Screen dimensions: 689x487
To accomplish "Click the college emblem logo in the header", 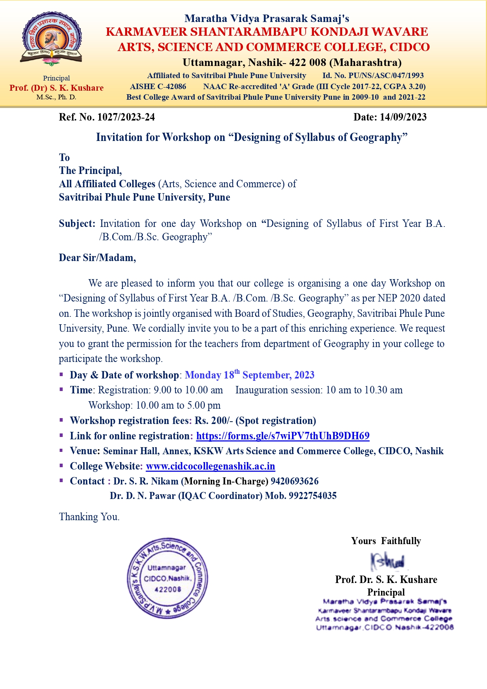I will [x=51, y=38].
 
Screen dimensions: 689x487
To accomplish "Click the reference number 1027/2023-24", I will [x=126, y=117].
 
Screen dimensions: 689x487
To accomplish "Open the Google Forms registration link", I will [x=283, y=436].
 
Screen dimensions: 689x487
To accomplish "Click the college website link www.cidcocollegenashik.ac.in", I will [x=210, y=466].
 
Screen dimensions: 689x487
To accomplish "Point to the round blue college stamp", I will [x=167, y=578].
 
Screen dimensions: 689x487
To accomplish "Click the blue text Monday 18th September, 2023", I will [x=250, y=375].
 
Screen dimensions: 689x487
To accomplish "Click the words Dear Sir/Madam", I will [x=97, y=258].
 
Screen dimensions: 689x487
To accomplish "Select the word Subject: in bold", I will [x=77, y=223].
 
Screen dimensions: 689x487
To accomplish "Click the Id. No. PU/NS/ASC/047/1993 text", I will [x=373, y=75].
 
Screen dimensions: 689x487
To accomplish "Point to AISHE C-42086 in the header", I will [x=158, y=86].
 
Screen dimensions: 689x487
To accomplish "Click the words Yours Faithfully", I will [x=386, y=541].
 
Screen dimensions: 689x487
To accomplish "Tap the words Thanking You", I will [x=89, y=517].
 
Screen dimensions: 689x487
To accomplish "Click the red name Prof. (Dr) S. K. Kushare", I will [x=57, y=88].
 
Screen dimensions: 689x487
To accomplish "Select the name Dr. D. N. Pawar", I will [x=143, y=496].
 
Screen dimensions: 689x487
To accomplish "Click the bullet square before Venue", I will [x=61, y=450].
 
